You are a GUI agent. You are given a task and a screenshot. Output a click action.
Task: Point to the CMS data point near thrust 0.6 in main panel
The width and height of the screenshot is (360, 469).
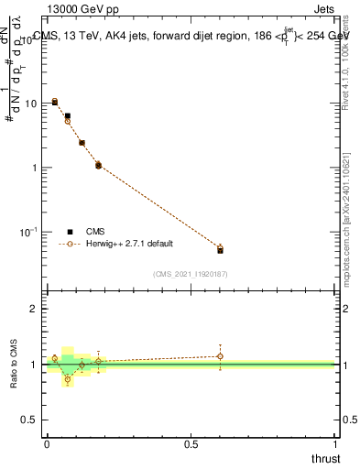[x=220, y=250]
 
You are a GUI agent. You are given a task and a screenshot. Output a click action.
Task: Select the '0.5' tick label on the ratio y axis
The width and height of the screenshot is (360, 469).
[x=28, y=420]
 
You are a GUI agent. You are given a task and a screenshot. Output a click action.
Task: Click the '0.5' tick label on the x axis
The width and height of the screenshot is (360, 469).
[x=191, y=444]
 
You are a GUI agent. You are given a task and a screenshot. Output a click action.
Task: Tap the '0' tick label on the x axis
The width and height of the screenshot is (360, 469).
[x=47, y=444]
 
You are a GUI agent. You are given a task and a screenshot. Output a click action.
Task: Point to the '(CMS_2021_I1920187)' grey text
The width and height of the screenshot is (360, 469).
[x=191, y=274]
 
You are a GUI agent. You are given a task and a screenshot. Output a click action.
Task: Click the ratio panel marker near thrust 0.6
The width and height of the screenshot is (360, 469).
[x=220, y=356]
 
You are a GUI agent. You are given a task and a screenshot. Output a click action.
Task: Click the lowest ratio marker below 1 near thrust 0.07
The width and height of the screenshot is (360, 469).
[x=67, y=379]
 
